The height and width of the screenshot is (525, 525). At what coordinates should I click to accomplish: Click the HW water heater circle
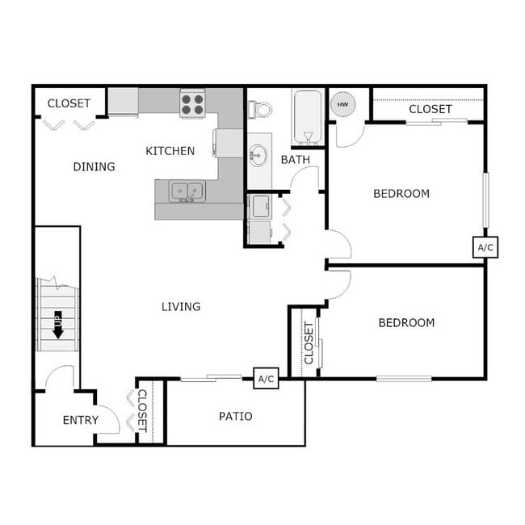tap(342, 104)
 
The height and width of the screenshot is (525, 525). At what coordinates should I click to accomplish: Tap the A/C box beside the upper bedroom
tap(485, 247)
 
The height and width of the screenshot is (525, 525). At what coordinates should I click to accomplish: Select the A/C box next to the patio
tap(266, 378)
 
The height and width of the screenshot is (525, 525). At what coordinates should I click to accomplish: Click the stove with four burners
tap(192, 105)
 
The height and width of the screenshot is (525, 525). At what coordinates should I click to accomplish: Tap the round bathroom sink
tap(257, 155)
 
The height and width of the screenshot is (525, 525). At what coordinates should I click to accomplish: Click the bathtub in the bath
tap(307, 117)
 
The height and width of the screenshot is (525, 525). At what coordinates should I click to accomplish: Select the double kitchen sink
tap(187, 191)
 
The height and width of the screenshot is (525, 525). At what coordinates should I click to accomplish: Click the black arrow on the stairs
tap(58, 325)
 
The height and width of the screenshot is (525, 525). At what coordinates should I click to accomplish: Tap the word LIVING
tap(181, 307)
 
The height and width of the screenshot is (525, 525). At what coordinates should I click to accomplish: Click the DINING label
tap(94, 167)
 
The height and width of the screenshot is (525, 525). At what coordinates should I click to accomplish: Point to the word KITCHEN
tap(170, 151)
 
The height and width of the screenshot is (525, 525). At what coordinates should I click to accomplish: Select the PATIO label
tap(236, 417)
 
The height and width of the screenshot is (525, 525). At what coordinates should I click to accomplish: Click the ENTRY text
tap(81, 420)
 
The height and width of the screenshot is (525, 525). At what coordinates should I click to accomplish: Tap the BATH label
tap(295, 160)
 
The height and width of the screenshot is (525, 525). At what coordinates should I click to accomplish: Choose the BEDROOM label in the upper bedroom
tap(401, 194)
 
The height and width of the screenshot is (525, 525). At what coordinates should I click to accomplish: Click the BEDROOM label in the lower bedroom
tap(406, 323)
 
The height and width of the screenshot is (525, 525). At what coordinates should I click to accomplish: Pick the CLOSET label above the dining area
tap(69, 103)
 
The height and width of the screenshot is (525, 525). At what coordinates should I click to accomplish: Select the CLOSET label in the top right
tap(430, 109)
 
